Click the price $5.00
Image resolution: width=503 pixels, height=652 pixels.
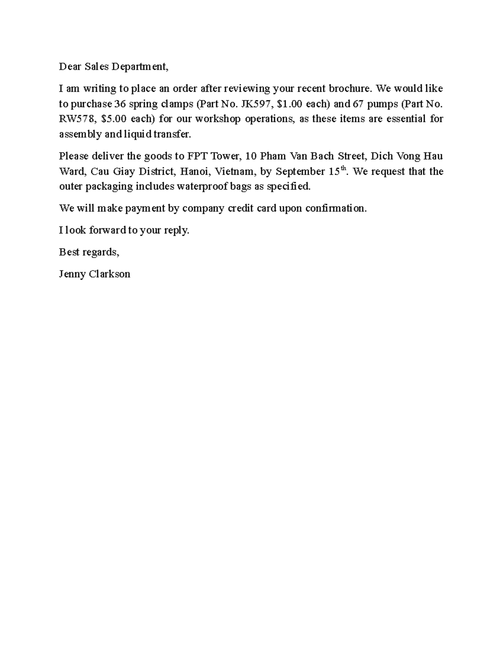pyautogui.click(x=114, y=119)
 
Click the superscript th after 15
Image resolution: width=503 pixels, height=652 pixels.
pyautogui.click(x=344, y=169)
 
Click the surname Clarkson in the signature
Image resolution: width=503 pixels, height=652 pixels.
pyautogui.click(x=111, y=274)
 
